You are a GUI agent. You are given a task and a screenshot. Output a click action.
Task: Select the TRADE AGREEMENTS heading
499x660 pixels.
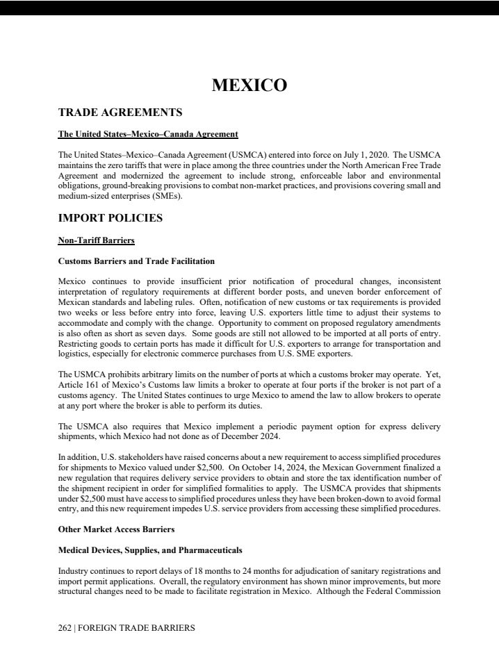click(x=120, y=112)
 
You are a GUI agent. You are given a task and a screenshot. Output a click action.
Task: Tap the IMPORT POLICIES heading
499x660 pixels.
click(x=111, y=218)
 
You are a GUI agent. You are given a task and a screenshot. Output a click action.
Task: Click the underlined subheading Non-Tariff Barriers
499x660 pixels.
click(x=96, y=241)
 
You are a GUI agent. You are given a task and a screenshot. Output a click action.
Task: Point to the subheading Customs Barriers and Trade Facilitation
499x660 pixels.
click(x=136, y=261)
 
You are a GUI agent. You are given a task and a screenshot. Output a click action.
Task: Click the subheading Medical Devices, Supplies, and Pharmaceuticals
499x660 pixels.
click(x=150, y=550)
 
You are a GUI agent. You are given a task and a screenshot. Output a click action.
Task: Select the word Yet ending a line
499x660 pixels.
click(x=434, y=376)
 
